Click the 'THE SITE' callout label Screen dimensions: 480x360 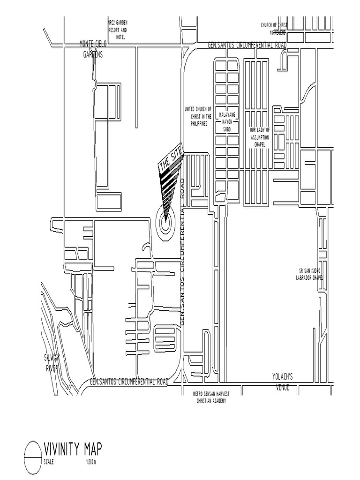pos(171,161)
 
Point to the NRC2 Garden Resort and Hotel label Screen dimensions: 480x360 pos(118,29)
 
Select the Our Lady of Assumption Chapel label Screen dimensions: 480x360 pos(260,137)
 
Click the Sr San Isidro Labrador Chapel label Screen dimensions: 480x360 pos(311,274)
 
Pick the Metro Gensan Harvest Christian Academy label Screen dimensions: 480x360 pos(212,398)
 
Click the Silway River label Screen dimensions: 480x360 pos(52,363)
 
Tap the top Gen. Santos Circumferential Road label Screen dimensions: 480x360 pos(247,45)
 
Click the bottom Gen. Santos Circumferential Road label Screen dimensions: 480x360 pos(129,382)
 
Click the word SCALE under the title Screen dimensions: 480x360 pos(49,462)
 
